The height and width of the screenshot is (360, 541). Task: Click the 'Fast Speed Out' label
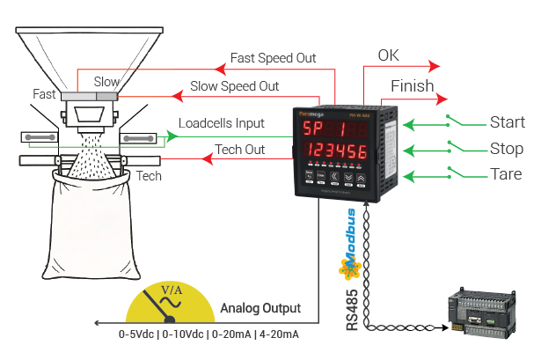coord(273,58)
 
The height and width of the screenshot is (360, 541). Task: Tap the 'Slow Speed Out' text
coord(235,86)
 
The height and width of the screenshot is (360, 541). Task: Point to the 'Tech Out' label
coord(240,150)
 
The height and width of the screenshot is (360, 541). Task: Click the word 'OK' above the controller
coord(388,55)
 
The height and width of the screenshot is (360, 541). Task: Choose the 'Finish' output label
coord(412,85)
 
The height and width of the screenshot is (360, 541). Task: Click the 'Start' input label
coord(507,122)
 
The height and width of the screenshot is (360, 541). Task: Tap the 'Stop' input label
coord(506,148)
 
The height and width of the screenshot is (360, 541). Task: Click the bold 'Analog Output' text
coord(260,309)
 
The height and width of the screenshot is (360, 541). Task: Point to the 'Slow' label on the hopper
coord(106,82)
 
